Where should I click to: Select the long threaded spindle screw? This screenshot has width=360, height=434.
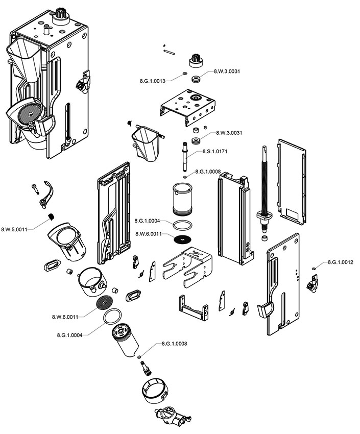pyautogui.click(x=266, y=184)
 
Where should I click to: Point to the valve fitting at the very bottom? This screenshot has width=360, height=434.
pyautogui.click(x=170, y=415)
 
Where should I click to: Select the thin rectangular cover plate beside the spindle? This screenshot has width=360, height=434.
pyautogui.click(x=291, y=181)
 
